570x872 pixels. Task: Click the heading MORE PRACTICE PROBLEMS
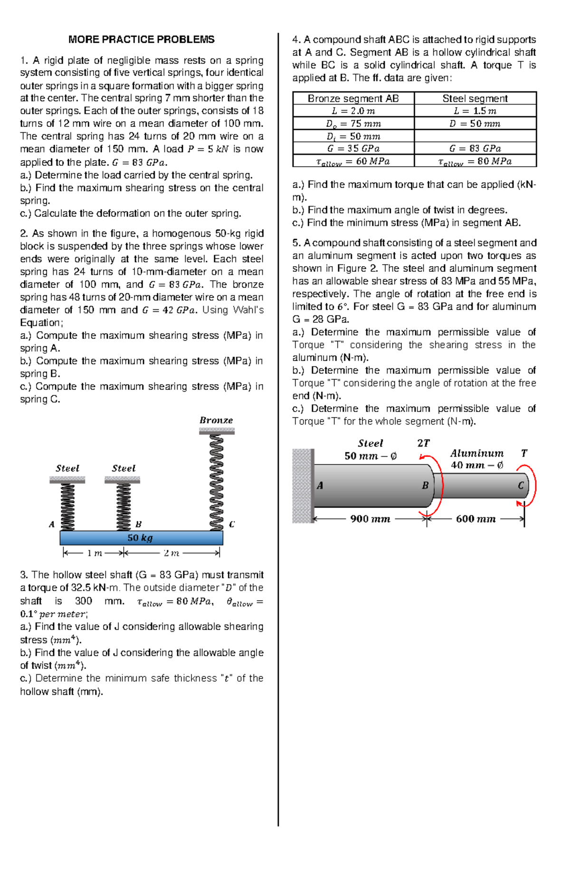141,39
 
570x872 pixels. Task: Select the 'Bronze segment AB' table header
353,98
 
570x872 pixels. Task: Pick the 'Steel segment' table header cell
475,98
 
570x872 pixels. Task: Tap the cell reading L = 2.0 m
353,111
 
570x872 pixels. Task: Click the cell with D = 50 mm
475,124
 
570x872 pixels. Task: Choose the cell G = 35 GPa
353,148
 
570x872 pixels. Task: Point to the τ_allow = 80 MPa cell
475,161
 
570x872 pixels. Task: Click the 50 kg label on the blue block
140,538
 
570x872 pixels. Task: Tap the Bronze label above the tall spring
216,420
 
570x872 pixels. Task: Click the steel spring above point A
67,507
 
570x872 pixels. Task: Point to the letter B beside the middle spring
139,524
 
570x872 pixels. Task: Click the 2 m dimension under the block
171,553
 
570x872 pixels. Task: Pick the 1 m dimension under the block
95,553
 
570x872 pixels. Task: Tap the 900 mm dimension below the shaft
370,519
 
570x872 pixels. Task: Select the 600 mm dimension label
475,519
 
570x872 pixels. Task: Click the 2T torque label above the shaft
423,443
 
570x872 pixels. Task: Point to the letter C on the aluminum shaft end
521,486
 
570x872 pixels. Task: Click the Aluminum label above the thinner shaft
477,453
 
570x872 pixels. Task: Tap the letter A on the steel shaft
320,486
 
